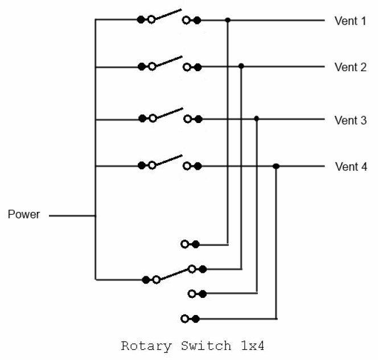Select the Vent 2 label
click(x=350, y=67)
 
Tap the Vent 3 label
click(x=350, y=120)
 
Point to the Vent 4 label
click(x=350, y=167)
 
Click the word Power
click(x=24, y=215)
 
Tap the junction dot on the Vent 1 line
click(x=228, y=20)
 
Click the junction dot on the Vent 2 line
click(x=241, y=67)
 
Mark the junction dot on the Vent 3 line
click(x=257, y=118)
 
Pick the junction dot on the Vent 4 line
click(x=276, y=166)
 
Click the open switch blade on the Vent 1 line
click(x=168, y=14)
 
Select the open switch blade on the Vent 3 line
click(x=168, y=113)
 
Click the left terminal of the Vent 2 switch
click(x=146, y=67)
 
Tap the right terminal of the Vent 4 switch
click(x=192, y=166)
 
